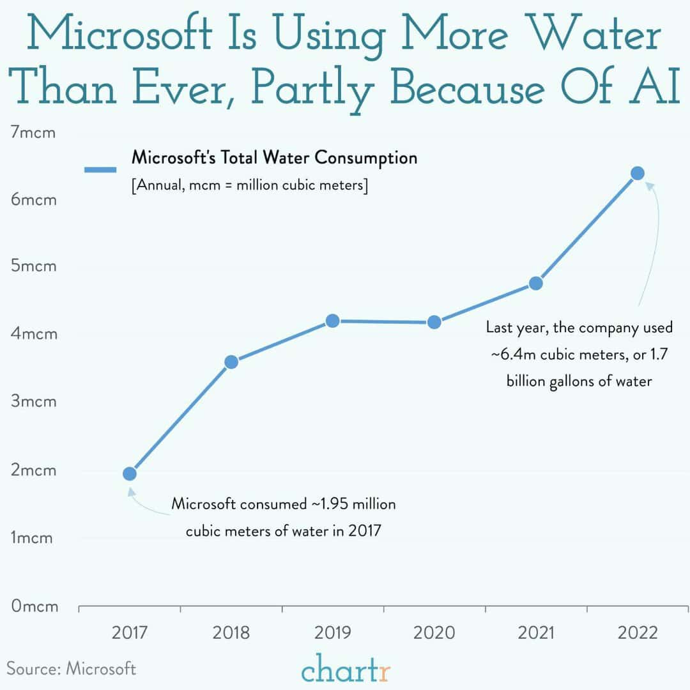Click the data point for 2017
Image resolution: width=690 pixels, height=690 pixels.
pyautogui.click(x=129, y=473)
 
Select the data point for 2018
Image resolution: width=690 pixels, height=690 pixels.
pyautogui.click(x=231, y=362)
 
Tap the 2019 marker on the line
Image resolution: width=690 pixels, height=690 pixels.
pyautogui.click(x=332, y=321)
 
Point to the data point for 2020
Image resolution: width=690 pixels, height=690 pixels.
pyautogui.click(x=434, y=322)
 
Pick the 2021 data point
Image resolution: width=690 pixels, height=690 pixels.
pyautogui.click(x=536, y=283)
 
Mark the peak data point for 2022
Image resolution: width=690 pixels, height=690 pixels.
pyautogui.click(x=637, y=173)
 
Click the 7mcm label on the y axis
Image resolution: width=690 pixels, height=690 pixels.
pyautogui.click(x=33, y=133)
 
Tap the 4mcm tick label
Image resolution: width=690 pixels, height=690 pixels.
pyautogui.click(x=34, y=334)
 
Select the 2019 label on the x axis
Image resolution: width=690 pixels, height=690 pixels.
pyautogui.click(x=332, y=632)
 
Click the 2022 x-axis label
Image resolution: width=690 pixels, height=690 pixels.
pyautogui.click(x=637, y=632)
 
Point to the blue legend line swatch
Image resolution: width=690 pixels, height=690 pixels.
pyautogui.click(x=100, y=170)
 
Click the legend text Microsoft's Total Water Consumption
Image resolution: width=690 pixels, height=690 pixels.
pyautogui.click(x=274, y=157)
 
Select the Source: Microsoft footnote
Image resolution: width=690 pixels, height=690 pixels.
pyautogui.click(x=72, y=668)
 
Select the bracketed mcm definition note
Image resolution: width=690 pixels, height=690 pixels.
pyautogui.click(x=249, y=187)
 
